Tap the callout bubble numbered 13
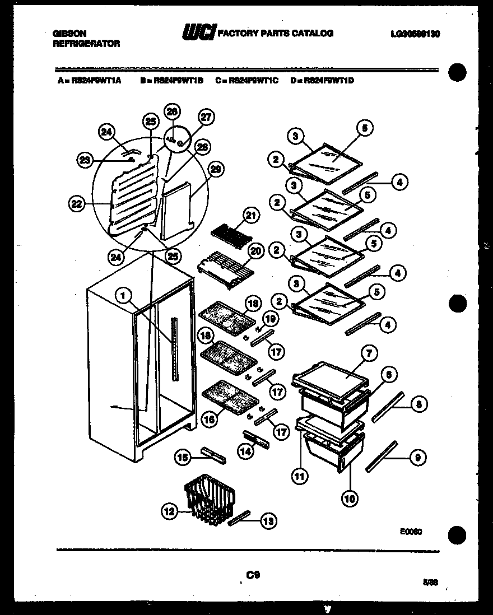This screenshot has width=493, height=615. coord(268,521)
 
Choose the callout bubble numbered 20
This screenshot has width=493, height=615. coord(255,252)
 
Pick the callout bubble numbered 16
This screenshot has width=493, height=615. coord(210,419)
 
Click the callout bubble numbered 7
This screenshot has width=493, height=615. coord(369,353)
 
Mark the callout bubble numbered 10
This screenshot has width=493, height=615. coord(350,498)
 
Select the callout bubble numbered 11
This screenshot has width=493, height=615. coord(301,477)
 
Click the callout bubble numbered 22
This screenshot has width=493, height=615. coord(77,205)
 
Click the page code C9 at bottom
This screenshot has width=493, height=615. coord(253,574)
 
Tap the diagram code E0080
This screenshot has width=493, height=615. coord(411,532)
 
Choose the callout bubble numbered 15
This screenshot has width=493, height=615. coord(182,458)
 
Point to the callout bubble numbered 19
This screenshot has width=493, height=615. coord(271,319)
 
